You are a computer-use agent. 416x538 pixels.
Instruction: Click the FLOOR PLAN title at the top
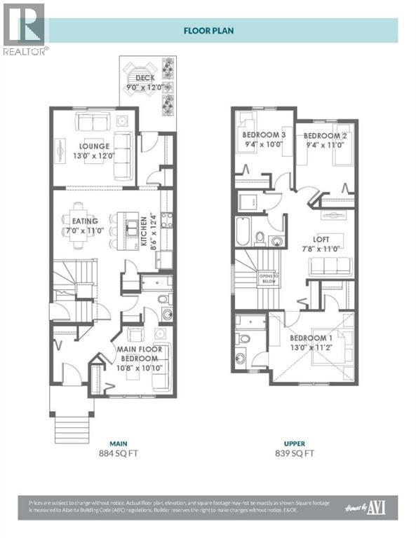tap(208, 30)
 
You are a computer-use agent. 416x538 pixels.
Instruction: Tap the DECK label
tap(145, 78)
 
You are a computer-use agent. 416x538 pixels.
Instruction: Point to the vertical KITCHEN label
tap(142, 233)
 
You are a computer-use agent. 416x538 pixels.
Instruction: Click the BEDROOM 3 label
tap(264, 134)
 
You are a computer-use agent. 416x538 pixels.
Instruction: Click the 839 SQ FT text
tap(295, 453)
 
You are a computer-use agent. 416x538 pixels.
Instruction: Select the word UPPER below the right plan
tap(295, 443)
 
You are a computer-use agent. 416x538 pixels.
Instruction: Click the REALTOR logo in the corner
tap(25, 28)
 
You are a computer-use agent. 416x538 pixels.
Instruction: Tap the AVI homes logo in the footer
tap(370, 507)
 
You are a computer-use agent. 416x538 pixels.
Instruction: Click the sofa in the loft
tap(330, 265)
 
